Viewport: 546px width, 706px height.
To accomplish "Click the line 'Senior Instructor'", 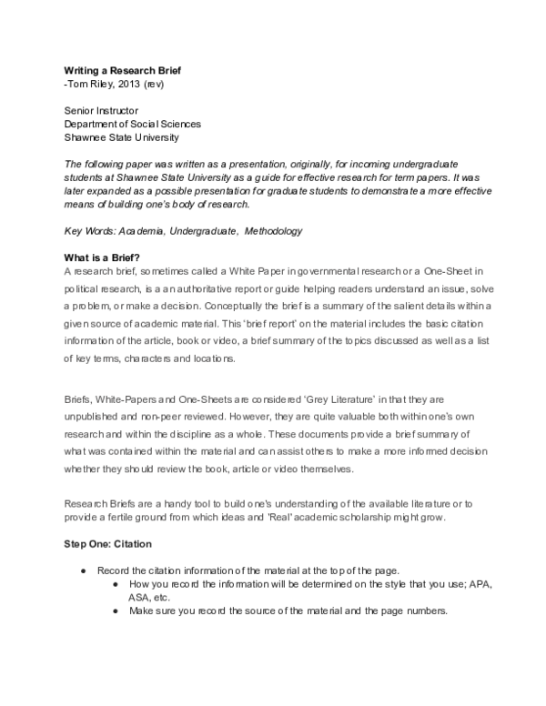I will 102,111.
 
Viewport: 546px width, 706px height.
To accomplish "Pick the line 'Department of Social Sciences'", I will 132,125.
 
